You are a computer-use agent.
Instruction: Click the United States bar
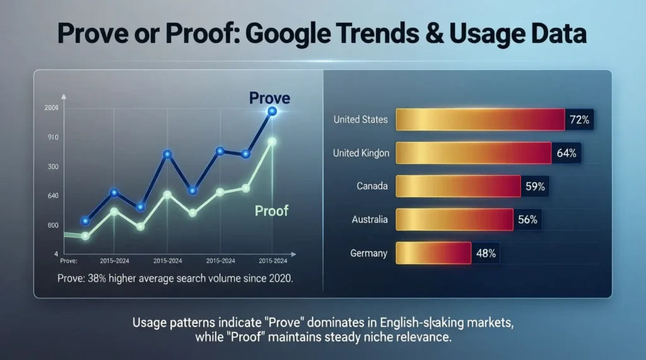479,119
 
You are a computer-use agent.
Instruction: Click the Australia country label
369,219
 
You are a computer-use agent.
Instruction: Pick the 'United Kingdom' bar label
360,153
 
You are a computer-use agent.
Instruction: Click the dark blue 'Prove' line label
269,98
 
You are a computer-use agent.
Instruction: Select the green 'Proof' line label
271,210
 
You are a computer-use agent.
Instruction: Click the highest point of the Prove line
272,112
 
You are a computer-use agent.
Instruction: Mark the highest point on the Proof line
272,142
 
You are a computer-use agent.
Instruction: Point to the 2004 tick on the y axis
52,108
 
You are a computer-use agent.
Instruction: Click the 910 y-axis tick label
52,137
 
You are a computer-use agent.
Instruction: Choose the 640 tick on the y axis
52,196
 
